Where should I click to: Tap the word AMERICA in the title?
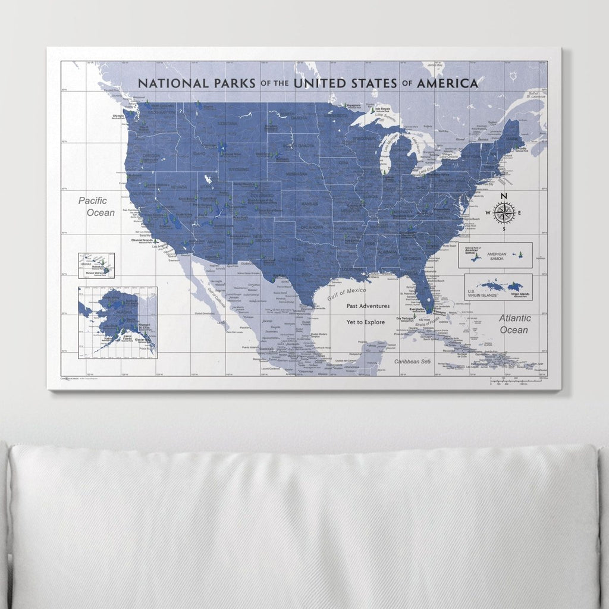click(447, 83)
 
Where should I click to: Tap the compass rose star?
click(504, 214)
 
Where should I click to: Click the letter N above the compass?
click(504, 196)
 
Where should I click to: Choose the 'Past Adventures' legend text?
click(368, 306)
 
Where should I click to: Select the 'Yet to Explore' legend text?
click(366, 322)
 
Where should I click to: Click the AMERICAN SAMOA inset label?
click(496, 255)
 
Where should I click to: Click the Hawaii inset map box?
click(96, 265)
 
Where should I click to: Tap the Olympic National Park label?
click(118, 117)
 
